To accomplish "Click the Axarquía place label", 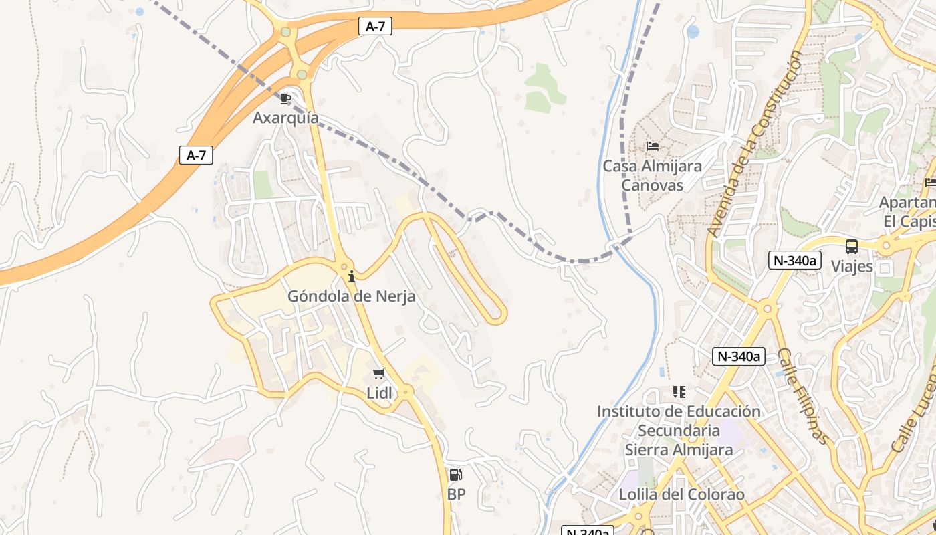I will [285, 118].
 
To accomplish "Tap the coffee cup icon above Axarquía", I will [285, 99].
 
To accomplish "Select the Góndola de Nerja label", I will [351, 296].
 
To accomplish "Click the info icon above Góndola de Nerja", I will [352, 276].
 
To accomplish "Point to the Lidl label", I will [380, 393].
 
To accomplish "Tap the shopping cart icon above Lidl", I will [379, 374].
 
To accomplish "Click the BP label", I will [456, 494].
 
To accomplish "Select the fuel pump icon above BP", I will [455, 475].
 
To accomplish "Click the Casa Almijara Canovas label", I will [653, 175].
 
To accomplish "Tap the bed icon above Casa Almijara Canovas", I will [653, 146].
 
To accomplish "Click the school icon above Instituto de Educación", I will [679, 391].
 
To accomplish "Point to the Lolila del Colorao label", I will [681, 495].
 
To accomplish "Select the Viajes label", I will [852, 266].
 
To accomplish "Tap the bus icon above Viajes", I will [852, 246].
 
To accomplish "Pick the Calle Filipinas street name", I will [802, 396].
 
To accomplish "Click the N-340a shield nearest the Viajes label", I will [794, 260].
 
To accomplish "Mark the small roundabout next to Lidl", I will [406, 391].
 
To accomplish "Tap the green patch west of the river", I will [544, 88].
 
